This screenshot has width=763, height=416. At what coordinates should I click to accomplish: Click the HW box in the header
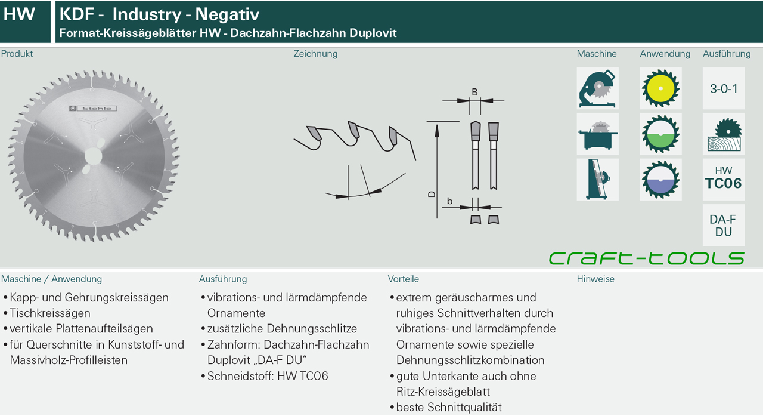pyautogui.click(x=25, y=22)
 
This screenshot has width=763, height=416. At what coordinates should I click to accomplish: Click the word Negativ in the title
pyautogui.click(x=227, y=14)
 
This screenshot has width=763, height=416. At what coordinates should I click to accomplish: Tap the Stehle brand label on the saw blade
pyautogui.click(x=93, y=109)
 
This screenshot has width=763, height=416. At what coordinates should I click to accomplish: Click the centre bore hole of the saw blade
pyautogui.click(x=93, y=156)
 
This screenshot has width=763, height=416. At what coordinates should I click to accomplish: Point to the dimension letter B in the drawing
pyautogui.click(x=474, y=92)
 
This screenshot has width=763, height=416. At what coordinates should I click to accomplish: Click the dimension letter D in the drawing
pyautogui.click(x=432, y=194)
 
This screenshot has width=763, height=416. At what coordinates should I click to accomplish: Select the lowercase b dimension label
pyautogui.click(x=449, y=201)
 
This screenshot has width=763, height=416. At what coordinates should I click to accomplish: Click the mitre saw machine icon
pyautogui.click(x=597, y=88)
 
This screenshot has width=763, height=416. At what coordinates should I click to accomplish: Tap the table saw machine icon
pyautogui.click(x=597, y=134)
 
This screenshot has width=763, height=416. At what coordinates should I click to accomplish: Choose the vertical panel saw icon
pyautogui.click(x=597, y=180)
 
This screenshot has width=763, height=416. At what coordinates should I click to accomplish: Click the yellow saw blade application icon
pyautogui.click(x=660, y=88)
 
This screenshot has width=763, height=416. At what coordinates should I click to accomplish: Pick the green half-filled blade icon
pyautogui.click(x=660, y=134)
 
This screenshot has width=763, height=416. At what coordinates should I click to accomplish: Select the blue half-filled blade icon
pyautogui.click(x=660, y=180)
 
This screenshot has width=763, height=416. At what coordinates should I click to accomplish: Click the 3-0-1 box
pyautogui.click(x=724, y=88)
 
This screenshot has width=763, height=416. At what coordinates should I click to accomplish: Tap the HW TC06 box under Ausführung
pyautogui.click(x=724, y=180)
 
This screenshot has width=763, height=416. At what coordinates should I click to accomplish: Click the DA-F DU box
pyautogui.click(x=724, y=225)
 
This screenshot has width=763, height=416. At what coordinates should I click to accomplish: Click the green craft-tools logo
pyautogui.click(x=647, y=258)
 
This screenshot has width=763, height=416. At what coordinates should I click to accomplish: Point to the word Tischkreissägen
pyautogui.click(x=50, y=313)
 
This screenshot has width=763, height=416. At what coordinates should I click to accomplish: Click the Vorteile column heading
pyautogui.click(x=404, y=279)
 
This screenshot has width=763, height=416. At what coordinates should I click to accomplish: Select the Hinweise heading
pyautogui.click(x=595, y=279)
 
